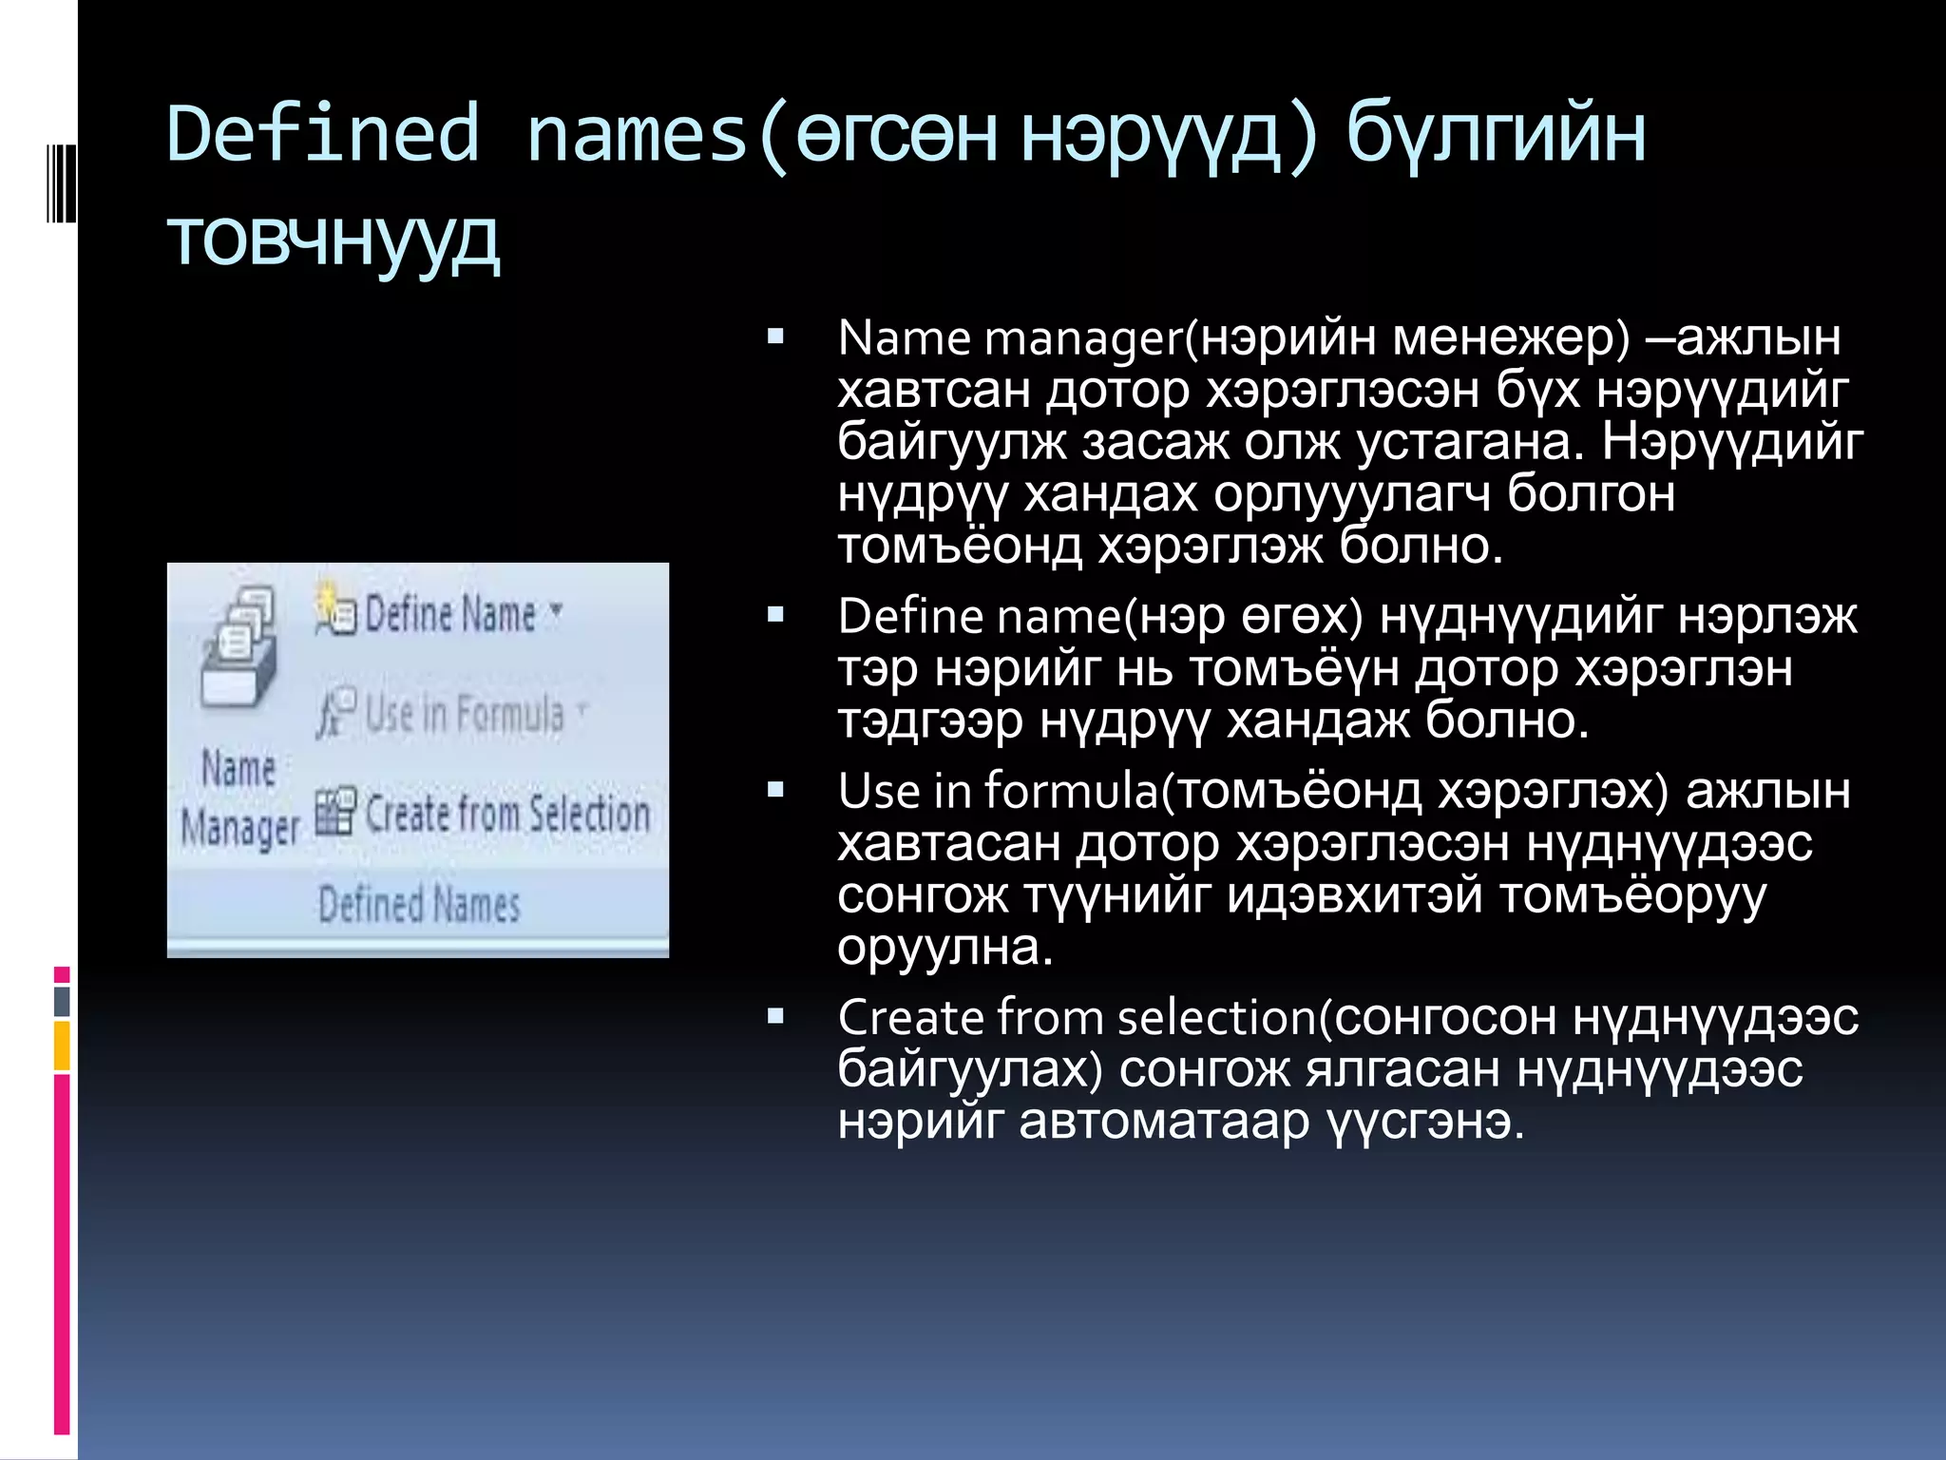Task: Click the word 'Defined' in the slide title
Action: tap(323, 133)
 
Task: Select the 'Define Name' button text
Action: tap(450, 614)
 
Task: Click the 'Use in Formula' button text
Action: tap(465, 714)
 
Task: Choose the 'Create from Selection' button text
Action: tap(507, 815)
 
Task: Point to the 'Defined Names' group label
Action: tap(419, 904)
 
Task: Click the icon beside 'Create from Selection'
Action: tap(335, 811)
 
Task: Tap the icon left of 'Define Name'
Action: tap(335, 609)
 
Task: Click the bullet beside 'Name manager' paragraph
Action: tap(775, 336)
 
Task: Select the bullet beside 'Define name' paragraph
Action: tap(775, 614)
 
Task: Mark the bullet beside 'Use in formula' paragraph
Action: tap(775, 789)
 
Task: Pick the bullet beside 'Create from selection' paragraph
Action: tap(775, 1016)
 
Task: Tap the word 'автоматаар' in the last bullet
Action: tap(1164, 1122)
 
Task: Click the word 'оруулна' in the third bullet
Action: tap(944, 948)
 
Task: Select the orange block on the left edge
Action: tap(62, 1046)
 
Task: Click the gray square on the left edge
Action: tap(62, 1001)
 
